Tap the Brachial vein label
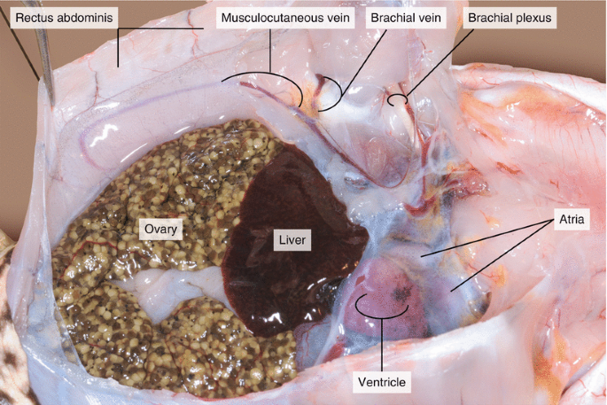point(408,18)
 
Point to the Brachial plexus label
point(510,18)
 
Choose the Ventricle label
point(381,382)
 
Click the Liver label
point(292,239)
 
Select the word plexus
point(532,18)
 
